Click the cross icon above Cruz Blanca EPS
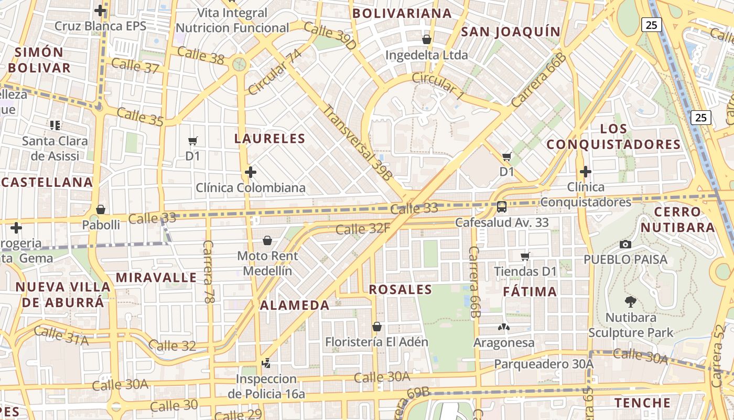(x=100, y=10)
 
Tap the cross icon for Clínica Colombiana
(x=251, y=172)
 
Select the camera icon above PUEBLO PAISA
(x=625, y=244)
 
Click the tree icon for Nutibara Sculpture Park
(x=631, y=301)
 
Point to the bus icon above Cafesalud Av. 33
(x=502, y=206)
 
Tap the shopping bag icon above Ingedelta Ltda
(x=427, y=39)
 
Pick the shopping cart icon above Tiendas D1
(x=525, y=256)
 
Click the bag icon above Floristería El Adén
(x=376, y=327)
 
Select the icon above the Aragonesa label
(x=503, y=327)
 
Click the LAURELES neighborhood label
(x=269, y=139)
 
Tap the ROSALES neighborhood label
(x=401, y=289)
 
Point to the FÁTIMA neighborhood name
(x=530, y=291)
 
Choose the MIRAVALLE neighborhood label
(x=156, y=277)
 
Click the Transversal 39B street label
(x=357, y=143)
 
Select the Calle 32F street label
(x=363, y=229)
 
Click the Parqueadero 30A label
(x=544, y=364)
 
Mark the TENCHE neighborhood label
(x=642, y=403)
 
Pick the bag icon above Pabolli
(x=101, y=209)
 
